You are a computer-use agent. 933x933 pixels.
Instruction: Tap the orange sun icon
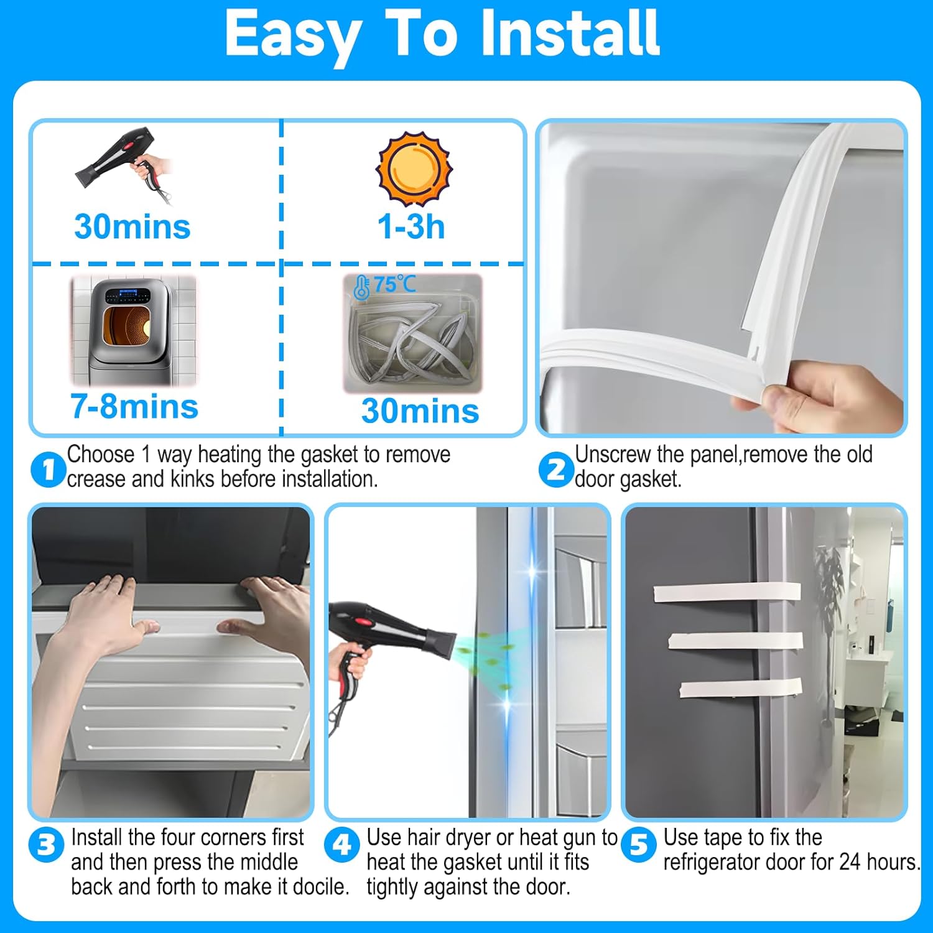tap(414, 169)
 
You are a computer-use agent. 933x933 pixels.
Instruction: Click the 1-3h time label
tap(411, 226)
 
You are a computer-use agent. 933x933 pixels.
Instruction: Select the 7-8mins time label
tap(134, 407)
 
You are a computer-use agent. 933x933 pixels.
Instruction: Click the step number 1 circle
tap(48, 470)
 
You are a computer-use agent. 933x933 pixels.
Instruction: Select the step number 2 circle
tap(555, 470)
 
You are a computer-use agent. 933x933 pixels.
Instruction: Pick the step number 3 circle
tap(46, 845)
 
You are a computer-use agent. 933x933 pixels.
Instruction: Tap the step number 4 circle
tap(342, 845)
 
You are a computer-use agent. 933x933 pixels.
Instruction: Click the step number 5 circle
tap(639, 845)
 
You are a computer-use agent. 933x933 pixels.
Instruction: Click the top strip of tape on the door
tap(727, 592)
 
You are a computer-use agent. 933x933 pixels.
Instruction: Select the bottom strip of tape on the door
tap(740, 688)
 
